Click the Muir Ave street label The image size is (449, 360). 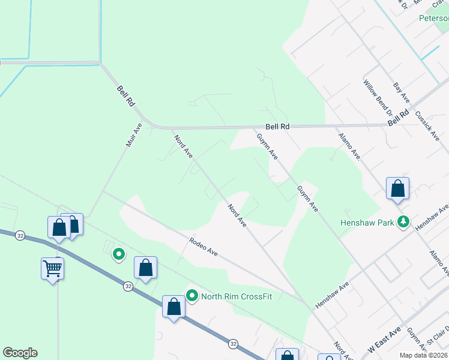point(133,135)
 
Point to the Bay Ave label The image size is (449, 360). point(400,92)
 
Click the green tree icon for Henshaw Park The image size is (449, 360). point(404,223)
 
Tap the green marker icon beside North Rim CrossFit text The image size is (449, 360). point(192,295)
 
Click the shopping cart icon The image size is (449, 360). point(53,268)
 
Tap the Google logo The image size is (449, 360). point(20,353)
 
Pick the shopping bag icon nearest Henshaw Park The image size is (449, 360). point(397,188)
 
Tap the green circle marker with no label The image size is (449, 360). point(119,255)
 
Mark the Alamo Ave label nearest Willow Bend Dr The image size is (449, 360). point(348,147)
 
